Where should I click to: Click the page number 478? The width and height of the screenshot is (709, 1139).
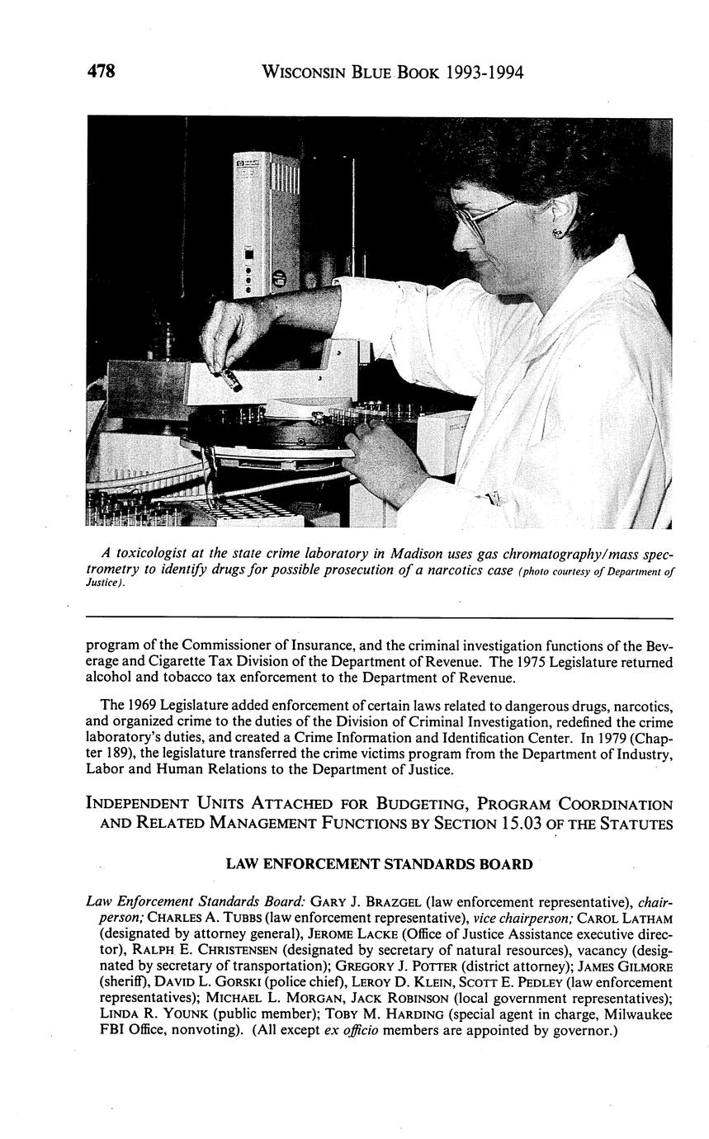(x=101, y=72)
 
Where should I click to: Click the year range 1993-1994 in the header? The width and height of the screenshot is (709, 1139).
(x=484, y=73)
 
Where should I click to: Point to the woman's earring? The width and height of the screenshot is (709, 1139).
(x=559, y=233)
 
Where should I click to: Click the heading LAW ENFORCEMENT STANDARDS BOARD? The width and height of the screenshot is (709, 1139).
(x=379, y=864)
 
